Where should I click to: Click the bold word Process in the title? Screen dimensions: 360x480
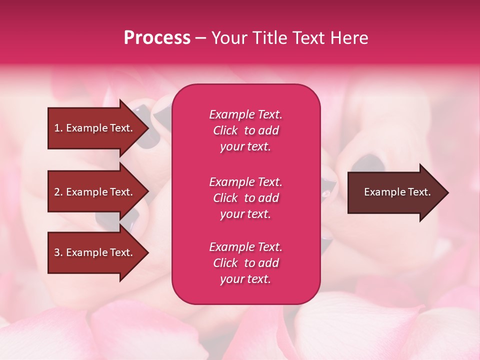point(157,38)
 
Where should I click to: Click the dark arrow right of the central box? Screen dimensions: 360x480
point(397,192)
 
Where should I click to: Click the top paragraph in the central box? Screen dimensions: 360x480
point(245,130)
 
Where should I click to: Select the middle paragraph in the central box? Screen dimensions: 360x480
point(245,198)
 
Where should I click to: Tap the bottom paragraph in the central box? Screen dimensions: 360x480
point(245,263)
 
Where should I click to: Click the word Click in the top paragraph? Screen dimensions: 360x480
point(225,130)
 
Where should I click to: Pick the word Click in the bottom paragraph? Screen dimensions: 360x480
point(225,263)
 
